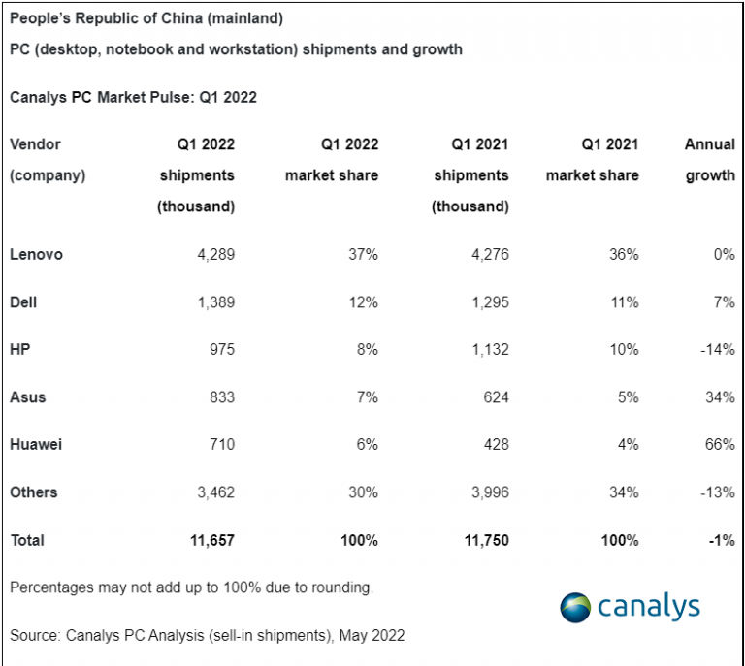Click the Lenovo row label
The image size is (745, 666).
click(36, 255)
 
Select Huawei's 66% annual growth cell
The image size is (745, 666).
click(720, 445)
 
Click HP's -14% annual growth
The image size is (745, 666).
click(716, 350)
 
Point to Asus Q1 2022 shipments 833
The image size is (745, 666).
click(218, 397)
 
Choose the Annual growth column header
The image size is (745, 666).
click(709, 160)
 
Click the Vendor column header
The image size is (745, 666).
click(36, 144)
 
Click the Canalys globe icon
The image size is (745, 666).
click(575, 608)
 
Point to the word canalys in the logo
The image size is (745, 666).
click(648, 607)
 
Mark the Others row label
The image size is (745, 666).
click(34, 492)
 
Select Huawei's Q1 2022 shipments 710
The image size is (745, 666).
click(218, 445)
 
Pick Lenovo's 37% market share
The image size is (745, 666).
click(364, 255)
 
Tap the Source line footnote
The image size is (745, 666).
click(207, 636)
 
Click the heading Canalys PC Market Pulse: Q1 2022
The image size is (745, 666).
click(133, 97)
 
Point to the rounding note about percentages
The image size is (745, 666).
click(191, 587)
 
